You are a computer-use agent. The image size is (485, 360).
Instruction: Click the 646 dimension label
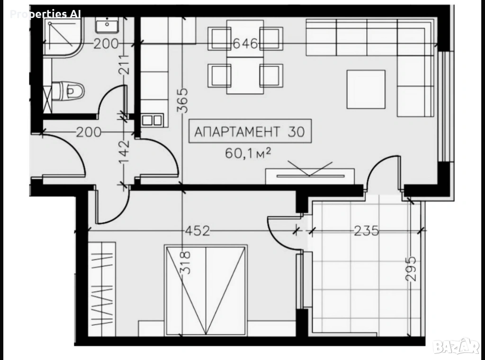coord(245,44)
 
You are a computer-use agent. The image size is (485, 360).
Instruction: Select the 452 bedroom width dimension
coord(198,231)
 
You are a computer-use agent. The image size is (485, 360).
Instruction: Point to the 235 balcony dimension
coord(366,231)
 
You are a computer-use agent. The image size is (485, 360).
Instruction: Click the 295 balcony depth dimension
coord(411,269)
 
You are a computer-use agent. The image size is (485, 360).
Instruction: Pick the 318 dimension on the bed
coord(185,262)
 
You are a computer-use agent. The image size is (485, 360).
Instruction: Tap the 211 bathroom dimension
coord(124,64)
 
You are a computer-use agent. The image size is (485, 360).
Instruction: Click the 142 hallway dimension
coord(124,153)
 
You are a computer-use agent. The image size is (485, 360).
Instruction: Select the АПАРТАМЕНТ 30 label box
coord(250,131)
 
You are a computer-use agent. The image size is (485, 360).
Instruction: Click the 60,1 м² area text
coord(248,153)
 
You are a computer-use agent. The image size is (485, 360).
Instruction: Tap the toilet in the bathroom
coord(68,90)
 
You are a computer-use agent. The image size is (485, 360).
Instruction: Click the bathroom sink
coord(107,25)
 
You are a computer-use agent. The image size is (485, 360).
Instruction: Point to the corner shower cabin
coord(63,37)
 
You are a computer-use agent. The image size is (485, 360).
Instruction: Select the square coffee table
coord(366,90)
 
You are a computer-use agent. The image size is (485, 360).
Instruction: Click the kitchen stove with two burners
coord(152,120)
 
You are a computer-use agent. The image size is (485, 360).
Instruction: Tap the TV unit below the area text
coord(310,176)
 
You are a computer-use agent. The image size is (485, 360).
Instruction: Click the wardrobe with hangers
coord(102,289)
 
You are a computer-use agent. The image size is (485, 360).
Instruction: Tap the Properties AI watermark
coord(45,14)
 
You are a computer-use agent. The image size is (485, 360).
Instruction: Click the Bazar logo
coord(456,346)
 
